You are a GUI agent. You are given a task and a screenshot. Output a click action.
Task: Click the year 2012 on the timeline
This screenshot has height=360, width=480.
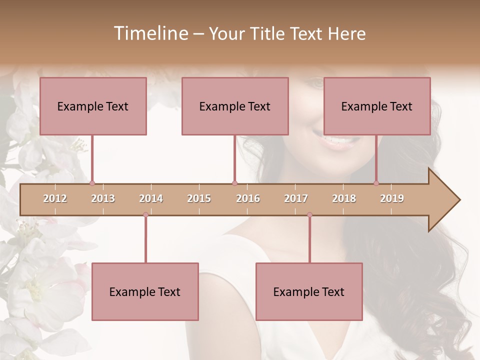pyautogui.click(x=55, y=198)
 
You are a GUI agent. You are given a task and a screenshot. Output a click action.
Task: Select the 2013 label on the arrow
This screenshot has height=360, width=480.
pyautogui.click(x=103, y=198)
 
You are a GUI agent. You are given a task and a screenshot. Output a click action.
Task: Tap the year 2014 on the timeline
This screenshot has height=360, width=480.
pyautogui.click(x=151, y=198)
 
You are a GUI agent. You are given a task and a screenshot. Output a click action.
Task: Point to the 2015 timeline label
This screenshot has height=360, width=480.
pyautogui.click(x=199, y=198)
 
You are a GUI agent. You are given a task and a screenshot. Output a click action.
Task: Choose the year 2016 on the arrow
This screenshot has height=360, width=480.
pyautogui.click(x=248, y=198)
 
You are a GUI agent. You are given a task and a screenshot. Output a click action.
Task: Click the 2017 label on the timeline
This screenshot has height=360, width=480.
pyautogui.click(x=296, y=198)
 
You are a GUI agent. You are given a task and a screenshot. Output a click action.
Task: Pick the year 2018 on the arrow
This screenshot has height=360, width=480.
pyautogui.click(x=344, y=198)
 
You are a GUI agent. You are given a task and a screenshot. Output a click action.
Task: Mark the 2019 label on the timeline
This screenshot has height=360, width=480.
pyautogui.click(x=392, y=198)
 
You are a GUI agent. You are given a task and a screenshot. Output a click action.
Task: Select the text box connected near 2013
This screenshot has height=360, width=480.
pyautogui.click(x=93, y=106)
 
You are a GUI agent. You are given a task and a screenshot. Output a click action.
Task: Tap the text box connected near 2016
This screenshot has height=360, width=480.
pyautogui.click(x=235, y=106)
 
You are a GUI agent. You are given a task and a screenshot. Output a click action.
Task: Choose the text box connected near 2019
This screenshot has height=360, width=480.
pyautogui.click(x=377, y=106)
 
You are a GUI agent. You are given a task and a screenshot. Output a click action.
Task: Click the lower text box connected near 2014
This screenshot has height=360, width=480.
pyautogui.click(x=145, y=291)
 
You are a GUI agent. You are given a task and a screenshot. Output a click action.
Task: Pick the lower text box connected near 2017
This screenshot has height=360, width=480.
pyautogui.click(x=309, y=291)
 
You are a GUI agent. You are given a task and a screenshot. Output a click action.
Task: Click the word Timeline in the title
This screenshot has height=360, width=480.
pyautogui.click(x=149, y=33)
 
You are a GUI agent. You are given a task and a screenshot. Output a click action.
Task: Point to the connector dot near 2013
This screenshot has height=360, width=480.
pyautogui.click(x=92, y=183)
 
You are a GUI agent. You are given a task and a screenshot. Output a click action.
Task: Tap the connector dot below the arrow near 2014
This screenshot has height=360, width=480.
pyautogui.click(x=145, y=214)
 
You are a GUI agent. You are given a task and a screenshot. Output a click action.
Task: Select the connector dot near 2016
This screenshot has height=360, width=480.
pyautogui.click(x=234, y=183)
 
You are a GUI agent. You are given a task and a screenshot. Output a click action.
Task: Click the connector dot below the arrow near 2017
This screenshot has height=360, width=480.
pyautogui.click(x=309, y=214)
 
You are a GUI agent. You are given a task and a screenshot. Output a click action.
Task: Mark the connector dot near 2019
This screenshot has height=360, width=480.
pyautogui.click(x=376, y=183)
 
